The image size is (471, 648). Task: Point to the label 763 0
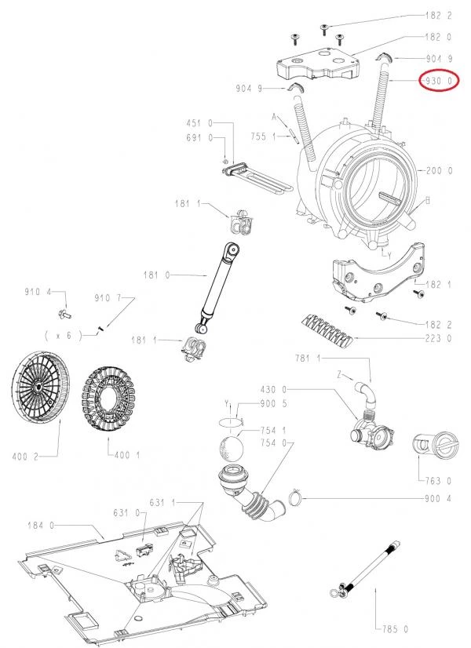(x=437, y=481)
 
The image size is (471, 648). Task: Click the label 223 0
(x=438, y=339)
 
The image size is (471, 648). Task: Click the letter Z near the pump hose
(x=339, y=376)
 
